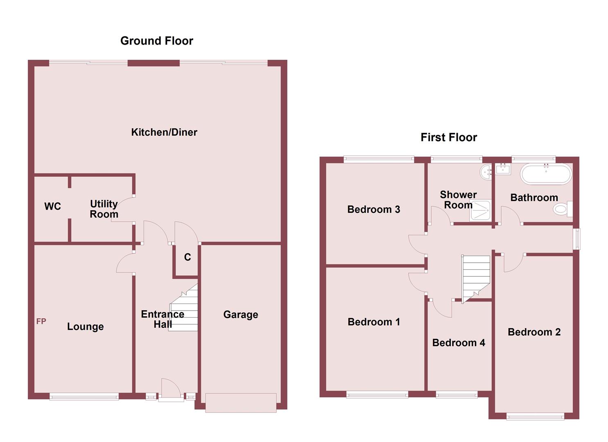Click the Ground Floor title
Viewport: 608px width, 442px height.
pos(156,41)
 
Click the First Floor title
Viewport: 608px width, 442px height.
pos(449,138)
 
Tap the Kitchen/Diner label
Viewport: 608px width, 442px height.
pos(164,132)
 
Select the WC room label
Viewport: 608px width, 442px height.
pos(52,206)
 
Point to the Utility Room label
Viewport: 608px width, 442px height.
pos(104,209)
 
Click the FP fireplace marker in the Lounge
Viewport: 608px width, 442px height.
pos(41,321)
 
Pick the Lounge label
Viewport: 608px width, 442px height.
pos(85,327)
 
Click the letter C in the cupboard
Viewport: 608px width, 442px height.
pos(188,257)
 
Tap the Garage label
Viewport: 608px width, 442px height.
pos(241,315)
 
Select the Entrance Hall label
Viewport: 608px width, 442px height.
pos(163,319)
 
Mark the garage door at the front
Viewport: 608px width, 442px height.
pos(241,402)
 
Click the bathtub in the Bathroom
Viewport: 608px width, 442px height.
pos(545,174)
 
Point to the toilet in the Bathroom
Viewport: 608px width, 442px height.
pos(563,209)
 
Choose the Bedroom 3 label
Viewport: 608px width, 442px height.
pos(373,210)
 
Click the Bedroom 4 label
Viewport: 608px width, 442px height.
pos(459,343)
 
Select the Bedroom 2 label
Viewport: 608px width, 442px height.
pos(534,332)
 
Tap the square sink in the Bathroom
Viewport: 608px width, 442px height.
pos(503,169)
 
